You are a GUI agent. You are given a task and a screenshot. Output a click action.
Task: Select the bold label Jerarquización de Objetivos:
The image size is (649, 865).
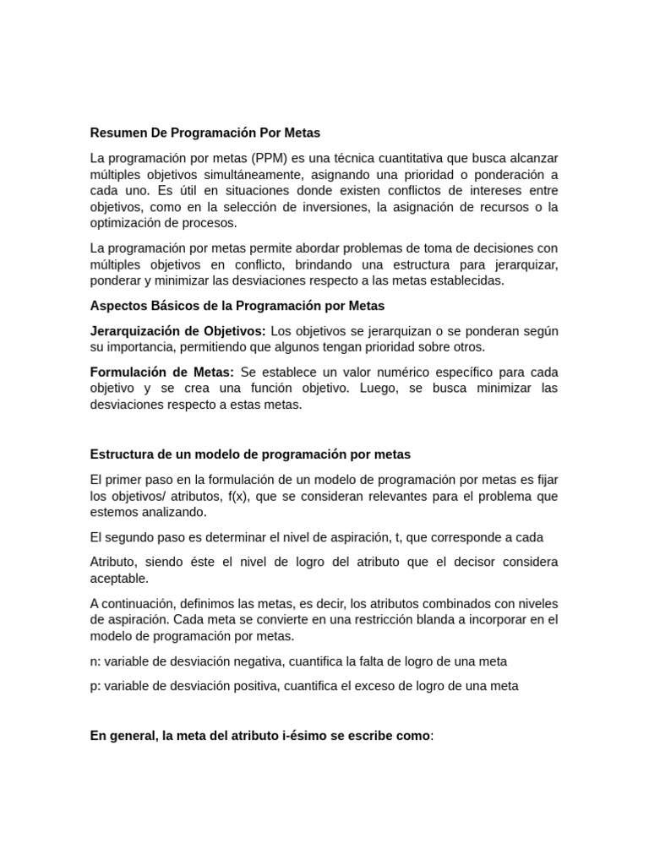[x=177, y=330]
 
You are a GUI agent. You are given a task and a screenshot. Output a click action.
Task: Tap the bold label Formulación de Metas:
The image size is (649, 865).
[x=162, y=372]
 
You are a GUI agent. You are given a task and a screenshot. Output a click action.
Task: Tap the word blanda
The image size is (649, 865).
[x=389, y=619]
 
